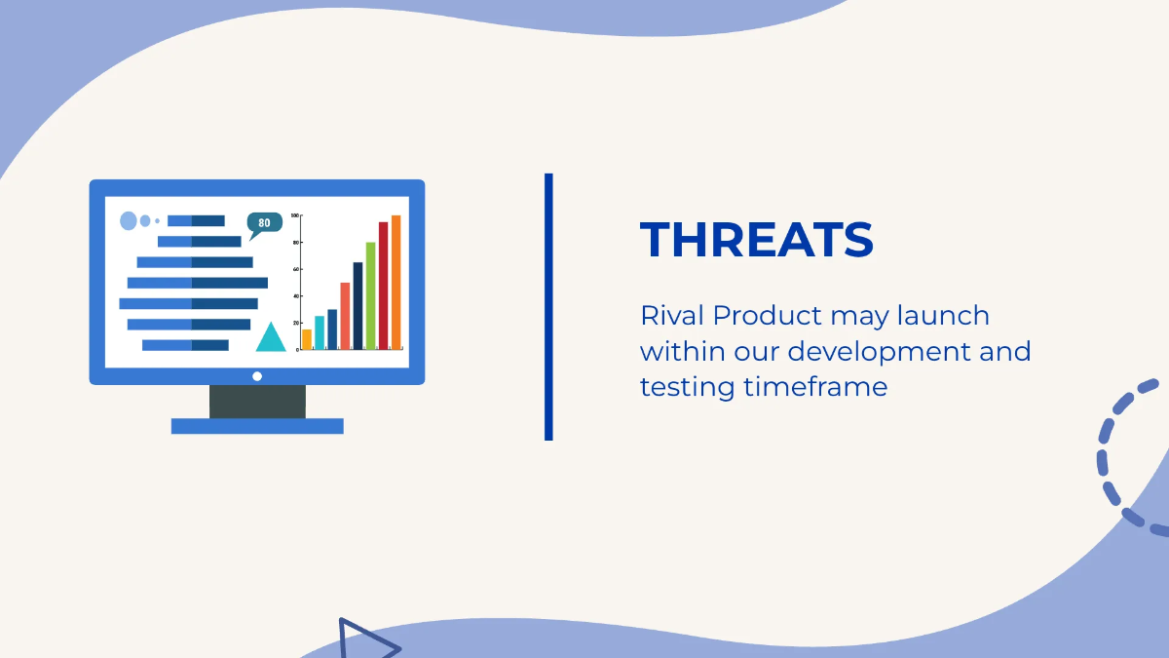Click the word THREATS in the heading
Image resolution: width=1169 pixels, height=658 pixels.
coord(756,240)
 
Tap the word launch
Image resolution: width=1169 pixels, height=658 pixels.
coord(943,315)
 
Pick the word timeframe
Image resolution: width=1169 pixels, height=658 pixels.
coord(815,387)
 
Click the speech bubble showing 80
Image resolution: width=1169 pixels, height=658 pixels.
coord(264,223)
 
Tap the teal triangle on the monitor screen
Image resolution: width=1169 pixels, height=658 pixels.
coord(271,339)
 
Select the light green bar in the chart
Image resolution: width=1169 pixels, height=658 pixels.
coord(370,295)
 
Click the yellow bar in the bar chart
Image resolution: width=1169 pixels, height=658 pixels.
coord(307,339)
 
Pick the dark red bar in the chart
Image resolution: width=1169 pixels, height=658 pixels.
coord(384,286)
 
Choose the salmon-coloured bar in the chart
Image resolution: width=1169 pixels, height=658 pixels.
coord(345,316)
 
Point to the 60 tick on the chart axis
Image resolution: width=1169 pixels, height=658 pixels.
coord(296,269)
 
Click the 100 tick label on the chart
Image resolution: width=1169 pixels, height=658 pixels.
coord(295,215)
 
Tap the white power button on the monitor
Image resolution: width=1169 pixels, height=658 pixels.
coord(257,376)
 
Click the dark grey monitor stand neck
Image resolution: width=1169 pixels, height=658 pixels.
coord(258,402)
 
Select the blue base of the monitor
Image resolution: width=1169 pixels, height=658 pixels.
coord(257,426)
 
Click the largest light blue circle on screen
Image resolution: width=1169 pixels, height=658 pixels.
coord(129,221)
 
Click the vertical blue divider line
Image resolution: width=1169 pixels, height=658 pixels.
coord(548,307)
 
